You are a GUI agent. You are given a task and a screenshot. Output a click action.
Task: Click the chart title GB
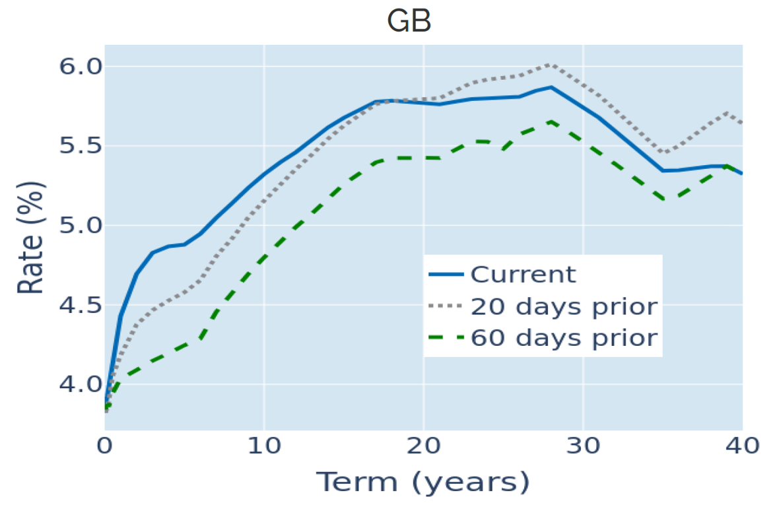409,20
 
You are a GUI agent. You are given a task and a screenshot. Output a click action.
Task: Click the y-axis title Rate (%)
30,238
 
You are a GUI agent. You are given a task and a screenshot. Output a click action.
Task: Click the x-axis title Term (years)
422,483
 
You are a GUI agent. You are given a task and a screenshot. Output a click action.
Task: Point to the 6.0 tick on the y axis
81,66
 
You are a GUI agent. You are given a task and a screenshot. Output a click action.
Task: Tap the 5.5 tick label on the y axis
81,146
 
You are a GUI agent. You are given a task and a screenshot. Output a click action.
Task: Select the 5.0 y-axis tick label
81,225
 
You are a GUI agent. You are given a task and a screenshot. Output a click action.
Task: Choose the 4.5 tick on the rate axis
81,305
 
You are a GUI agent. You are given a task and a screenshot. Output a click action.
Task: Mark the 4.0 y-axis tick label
81,384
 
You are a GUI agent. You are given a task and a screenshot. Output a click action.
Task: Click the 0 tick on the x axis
105,446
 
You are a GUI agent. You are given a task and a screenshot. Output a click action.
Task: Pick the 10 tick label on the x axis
264,446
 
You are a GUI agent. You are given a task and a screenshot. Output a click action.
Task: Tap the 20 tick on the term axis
424,446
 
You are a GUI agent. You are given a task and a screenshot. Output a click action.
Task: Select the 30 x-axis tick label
583,446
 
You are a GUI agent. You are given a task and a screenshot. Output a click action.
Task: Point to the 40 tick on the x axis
742,446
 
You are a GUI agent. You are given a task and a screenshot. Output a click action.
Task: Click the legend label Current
523,274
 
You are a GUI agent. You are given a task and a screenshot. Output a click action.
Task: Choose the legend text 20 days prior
564,306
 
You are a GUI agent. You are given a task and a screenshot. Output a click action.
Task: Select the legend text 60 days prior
564,338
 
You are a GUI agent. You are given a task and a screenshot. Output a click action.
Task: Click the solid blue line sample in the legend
446,274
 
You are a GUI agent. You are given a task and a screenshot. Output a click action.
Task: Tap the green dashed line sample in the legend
446,338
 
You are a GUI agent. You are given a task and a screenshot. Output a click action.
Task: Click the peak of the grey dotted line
551,65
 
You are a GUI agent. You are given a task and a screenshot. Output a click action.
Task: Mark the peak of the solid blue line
551,87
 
